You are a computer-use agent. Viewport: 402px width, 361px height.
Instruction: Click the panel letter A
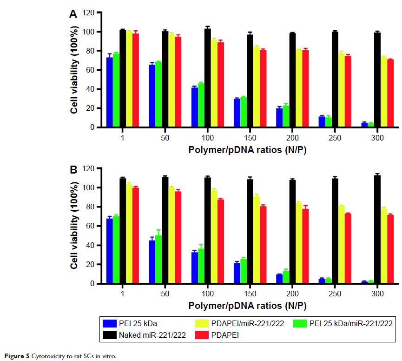(73, 14)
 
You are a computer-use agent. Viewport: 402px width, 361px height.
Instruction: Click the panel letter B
(73, 171)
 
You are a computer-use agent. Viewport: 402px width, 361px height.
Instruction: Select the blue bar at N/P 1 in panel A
(110, 92)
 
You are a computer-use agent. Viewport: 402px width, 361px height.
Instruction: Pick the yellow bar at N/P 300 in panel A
(384, 92)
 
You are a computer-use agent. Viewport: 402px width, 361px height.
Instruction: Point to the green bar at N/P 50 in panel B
(158, 259)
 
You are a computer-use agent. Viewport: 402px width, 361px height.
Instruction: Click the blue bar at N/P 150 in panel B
(237, 273)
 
